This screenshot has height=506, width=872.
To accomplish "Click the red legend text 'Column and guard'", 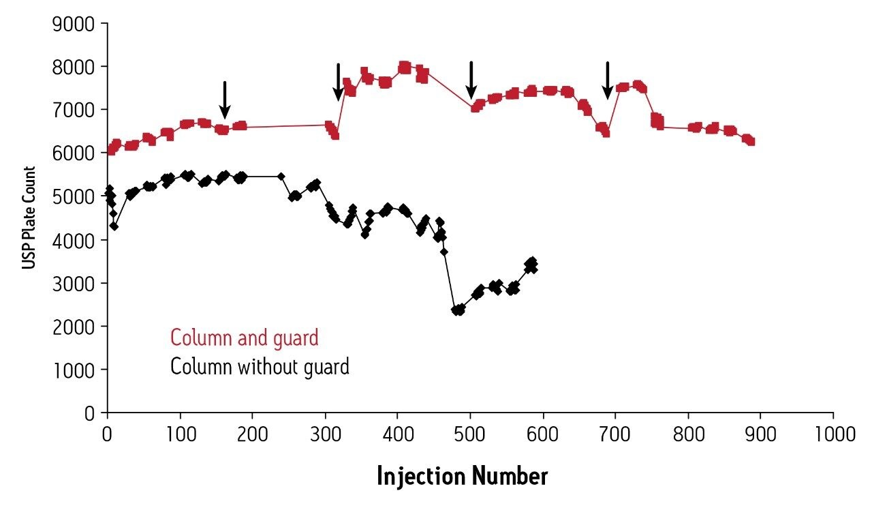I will [244, 338].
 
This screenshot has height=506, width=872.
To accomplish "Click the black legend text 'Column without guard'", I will [260, 367].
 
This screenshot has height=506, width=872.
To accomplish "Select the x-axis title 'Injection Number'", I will [462, 476].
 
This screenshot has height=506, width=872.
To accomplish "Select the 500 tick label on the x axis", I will [470, 434].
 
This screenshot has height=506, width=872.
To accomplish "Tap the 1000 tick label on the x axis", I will [832, 434].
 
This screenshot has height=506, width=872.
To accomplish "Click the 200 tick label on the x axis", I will [252, 434].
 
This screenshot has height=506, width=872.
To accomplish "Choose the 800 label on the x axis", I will [688, 434].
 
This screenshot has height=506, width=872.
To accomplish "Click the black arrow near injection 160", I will [225, 100].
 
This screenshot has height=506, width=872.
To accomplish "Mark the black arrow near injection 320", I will [338, 83].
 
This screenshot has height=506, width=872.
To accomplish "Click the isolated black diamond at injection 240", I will [281, 176].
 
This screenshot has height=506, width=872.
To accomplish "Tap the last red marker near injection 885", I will [750, 141].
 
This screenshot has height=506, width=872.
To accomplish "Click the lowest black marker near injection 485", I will [458, 310].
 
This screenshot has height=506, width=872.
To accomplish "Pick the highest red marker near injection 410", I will [404, 67].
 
